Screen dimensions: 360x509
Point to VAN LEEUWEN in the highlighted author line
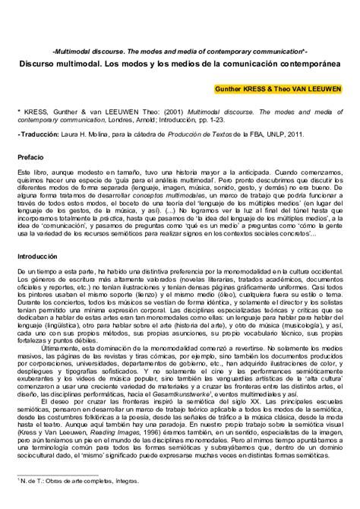coord(314,88)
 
